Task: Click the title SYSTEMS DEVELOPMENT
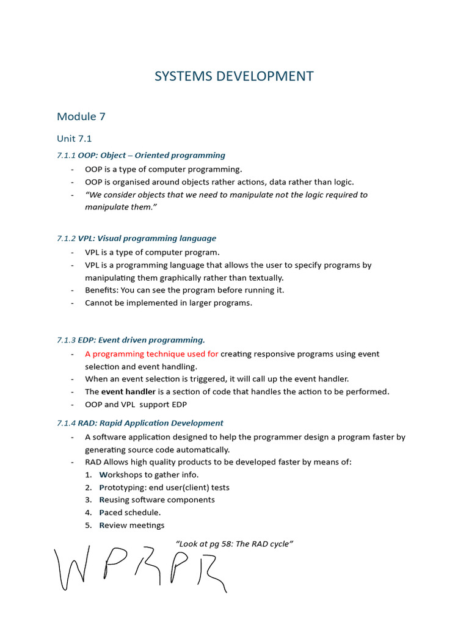coord(234,76)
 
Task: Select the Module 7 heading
coord(76,117)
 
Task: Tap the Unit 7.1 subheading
coord(74,139)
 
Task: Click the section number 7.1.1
coord(66,155)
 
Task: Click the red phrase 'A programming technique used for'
coord(151,354)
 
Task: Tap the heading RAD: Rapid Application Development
coord(150,423)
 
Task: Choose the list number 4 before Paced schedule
coord(88,513)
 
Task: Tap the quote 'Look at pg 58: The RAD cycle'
coord(234,544)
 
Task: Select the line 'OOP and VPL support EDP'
coord(136,405)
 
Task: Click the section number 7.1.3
coord(66,340)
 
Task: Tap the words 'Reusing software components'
coord(157,500)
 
